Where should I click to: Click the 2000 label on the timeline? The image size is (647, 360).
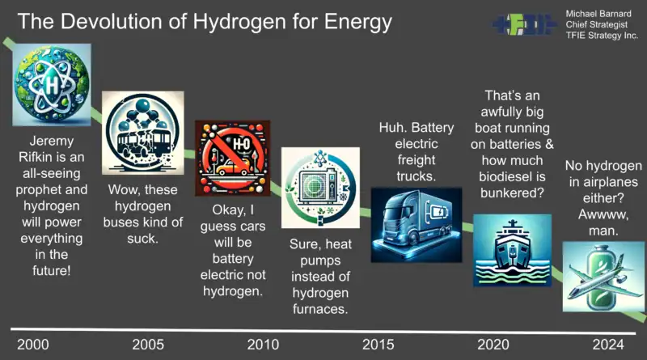33,345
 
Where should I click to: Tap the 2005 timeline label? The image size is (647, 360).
148,345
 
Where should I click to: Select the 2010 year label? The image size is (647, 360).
264,345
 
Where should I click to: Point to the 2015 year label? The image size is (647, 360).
378,345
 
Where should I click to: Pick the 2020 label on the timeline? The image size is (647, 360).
493,345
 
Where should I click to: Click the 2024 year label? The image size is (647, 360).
608,345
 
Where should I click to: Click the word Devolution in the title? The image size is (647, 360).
116,22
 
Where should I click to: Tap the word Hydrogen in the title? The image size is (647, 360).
239,23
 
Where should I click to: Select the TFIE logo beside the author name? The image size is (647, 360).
525,24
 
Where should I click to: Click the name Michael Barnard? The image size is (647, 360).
598,14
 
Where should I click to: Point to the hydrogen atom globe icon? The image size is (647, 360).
52,85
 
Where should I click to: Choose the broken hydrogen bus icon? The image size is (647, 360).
143,133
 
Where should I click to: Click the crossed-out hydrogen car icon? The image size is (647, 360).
233,158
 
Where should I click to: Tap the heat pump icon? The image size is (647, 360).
320,188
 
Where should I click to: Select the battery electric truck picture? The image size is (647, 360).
417,225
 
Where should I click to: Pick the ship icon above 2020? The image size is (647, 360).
512,250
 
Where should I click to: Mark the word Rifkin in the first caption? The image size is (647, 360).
52,157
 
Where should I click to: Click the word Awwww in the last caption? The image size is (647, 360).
603,214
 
